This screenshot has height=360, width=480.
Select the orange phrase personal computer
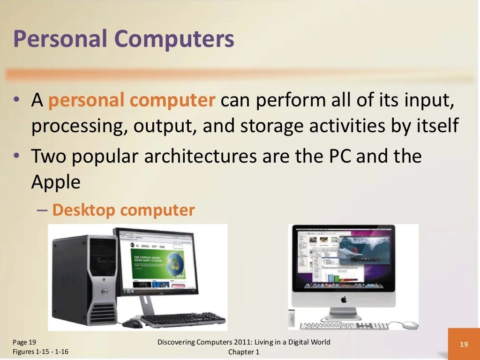coord(132,100)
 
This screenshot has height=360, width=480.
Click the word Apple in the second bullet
coord(56,182)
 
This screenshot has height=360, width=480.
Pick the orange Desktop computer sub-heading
coord(123,210)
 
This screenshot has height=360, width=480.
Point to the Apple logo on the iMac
coord(343,299)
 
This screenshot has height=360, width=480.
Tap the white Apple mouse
coord(409,325)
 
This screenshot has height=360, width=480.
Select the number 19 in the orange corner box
coord(464,345)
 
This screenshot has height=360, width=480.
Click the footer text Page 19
coord(24,342)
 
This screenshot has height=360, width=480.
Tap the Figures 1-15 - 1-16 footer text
coord(41,352)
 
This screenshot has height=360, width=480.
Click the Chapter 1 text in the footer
coord(244,352)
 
